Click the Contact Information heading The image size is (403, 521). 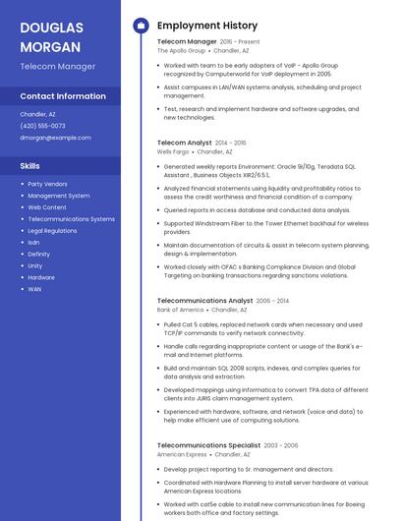coord(63,96)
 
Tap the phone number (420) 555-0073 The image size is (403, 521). coord(42,126)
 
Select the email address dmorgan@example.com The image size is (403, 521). coord(55,138)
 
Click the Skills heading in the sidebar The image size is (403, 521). coord(29,166)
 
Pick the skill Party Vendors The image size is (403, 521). coord(47,184)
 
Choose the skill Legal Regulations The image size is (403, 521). coord(52,231)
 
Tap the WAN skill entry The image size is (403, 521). coord(34,289)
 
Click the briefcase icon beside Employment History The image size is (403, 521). coord(141,25)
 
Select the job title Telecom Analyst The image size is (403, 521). coord(185,143)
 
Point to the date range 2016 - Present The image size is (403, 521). coord(240,42)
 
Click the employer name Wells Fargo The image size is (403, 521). coord(172,152)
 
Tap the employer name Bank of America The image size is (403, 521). coord(181,310)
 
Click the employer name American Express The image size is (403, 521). coord(182,455)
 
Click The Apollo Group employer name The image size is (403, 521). coord(181,51)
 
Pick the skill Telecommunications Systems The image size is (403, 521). coord(71,219)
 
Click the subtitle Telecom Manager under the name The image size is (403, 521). coord(58,67)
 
